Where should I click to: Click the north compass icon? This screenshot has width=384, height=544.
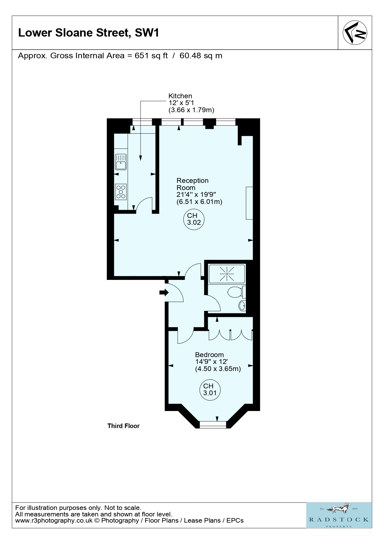pyautogui.click(x=355, y=33)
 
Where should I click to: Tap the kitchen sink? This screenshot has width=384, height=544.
pyautogui.click(x=121, y=162)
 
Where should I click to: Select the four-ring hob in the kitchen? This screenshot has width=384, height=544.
pyautogui.click(x=121, y=192)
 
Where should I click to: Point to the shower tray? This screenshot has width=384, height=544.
pyautogui.click(x=227, y=274)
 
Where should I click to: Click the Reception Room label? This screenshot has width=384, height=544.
pyautogui.click(x=192, y=184)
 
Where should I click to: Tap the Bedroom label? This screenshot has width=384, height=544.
pyautogui.click(x=209, y=355)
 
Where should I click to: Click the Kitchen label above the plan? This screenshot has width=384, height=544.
pyautogui.click(x=180, y=96)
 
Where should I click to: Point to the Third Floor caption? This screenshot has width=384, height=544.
pyautogui.click(x=124, y=426)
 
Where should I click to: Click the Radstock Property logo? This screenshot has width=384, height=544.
pyautogui.click(x=339, y=515)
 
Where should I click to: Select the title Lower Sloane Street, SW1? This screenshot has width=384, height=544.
pyautogui.click(x=89, y=33)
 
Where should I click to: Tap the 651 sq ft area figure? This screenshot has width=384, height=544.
pyautogui.click(x=151, y=56)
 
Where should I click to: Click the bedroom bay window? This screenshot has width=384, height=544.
pyautogui.click(x=213, y=424)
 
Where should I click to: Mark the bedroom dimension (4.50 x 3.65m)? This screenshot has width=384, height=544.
pyautogui.click(x=218, y=369)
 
